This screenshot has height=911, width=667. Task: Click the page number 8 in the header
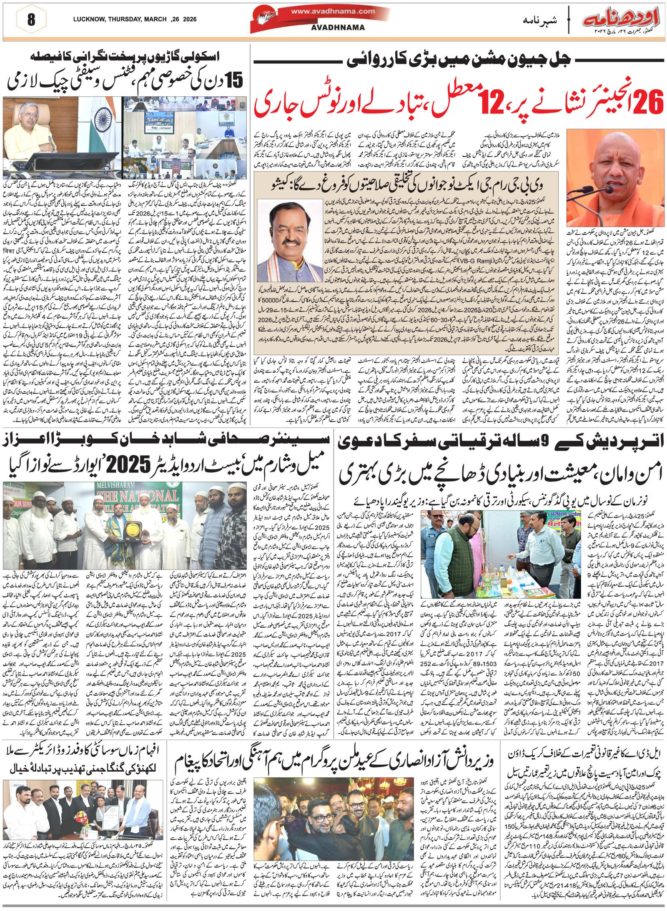[x=31, y=20]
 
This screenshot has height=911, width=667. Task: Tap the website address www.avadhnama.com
[x=332, y=11]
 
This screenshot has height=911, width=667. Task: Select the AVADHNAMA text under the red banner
[x=338, y=28]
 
